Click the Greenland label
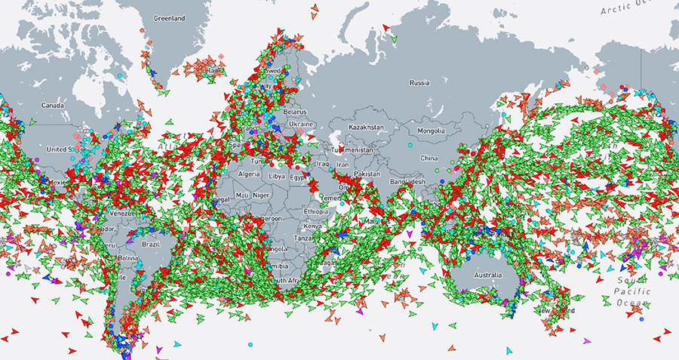pos(170,17)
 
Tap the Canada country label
pos(54,105)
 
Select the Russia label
pos(419,82)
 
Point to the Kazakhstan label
pos(367,127)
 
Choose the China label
pos(429,158)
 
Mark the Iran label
pos(343,164)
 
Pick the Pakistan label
pos(368,174)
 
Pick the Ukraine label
pos(300,122)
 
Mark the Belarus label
pos(295,111)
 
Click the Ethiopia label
pos(317,212)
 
